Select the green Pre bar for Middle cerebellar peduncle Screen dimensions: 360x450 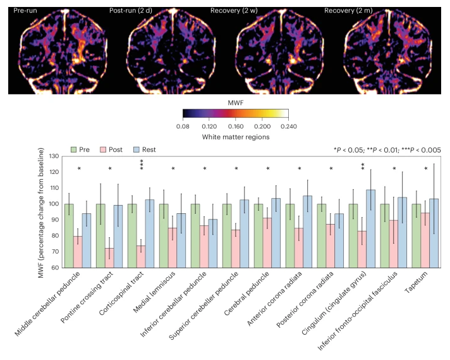pyautogui.click(x=69, y=235)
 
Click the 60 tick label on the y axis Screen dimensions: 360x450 pyautogui.click(x=55, y=268)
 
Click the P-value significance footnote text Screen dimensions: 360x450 pyautogui.click(x=387, y=150)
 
